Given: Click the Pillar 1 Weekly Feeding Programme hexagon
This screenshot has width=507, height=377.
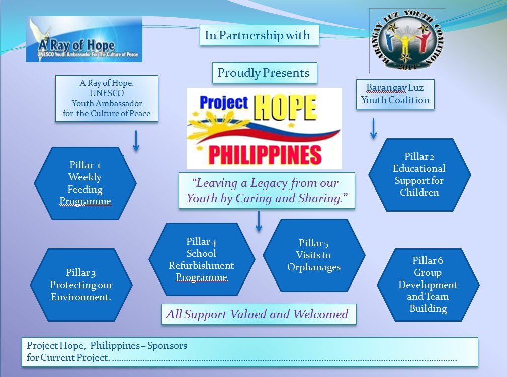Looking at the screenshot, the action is (x=86, y=183).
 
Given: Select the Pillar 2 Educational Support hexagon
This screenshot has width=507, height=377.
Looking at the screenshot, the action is (x=419, y=175).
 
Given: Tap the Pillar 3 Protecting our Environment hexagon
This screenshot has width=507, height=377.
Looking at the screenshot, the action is (x=81, y=285).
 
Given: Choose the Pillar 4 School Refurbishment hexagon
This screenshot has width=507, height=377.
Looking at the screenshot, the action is (x=202, y=259).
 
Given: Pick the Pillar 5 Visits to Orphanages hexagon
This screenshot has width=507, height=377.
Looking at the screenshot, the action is (x=314, y=255).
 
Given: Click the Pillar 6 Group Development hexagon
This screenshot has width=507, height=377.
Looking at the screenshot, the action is (x=428, y=285).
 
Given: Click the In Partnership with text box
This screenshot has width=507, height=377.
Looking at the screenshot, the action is (x=260, y=35).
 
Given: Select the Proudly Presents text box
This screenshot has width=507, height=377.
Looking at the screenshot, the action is (x=265, y=73).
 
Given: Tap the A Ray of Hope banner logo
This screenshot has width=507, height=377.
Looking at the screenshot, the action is (x=84, y=39).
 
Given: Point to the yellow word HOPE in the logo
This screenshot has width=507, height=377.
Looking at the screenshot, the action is (x=285, y=108).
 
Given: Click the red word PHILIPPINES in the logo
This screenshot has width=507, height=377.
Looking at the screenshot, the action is (x=265, y=155).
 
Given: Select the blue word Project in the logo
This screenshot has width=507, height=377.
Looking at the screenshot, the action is (x=224, y=103).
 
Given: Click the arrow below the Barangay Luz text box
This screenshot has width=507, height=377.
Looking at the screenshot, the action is (x=373, y=129).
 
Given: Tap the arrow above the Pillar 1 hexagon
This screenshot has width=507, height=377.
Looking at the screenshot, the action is (x=136, y=141).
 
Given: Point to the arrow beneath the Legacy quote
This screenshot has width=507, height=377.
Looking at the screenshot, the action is (x=259, y=222).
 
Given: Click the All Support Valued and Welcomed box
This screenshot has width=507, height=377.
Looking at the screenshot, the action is (x=259, y=314).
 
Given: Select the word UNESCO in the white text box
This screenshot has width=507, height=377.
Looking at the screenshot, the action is (x=107, y=93).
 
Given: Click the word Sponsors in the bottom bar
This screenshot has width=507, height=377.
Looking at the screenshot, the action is (x=167, y=346).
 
